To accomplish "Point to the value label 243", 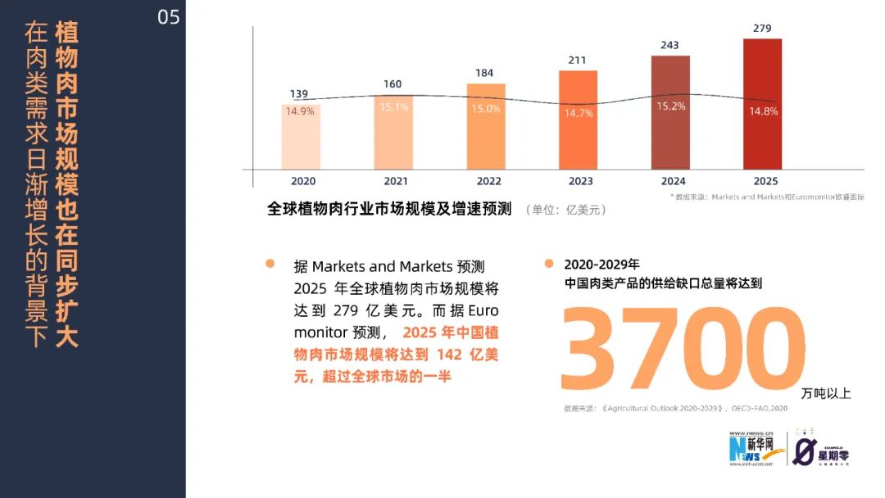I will (670, 45).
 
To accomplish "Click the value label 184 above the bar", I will (485, 73).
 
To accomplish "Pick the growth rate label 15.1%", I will (394, 107).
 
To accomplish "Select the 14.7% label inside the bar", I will (578, 113).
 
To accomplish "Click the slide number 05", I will (168, 17).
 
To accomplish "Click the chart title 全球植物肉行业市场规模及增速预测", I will (389, 209).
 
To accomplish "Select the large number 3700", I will (679, 350).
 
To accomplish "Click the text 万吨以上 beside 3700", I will (827, 394).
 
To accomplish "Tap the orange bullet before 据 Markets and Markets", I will (270, 264).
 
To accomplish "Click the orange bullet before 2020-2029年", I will (549, 264).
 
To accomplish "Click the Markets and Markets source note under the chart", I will (767, 197).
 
